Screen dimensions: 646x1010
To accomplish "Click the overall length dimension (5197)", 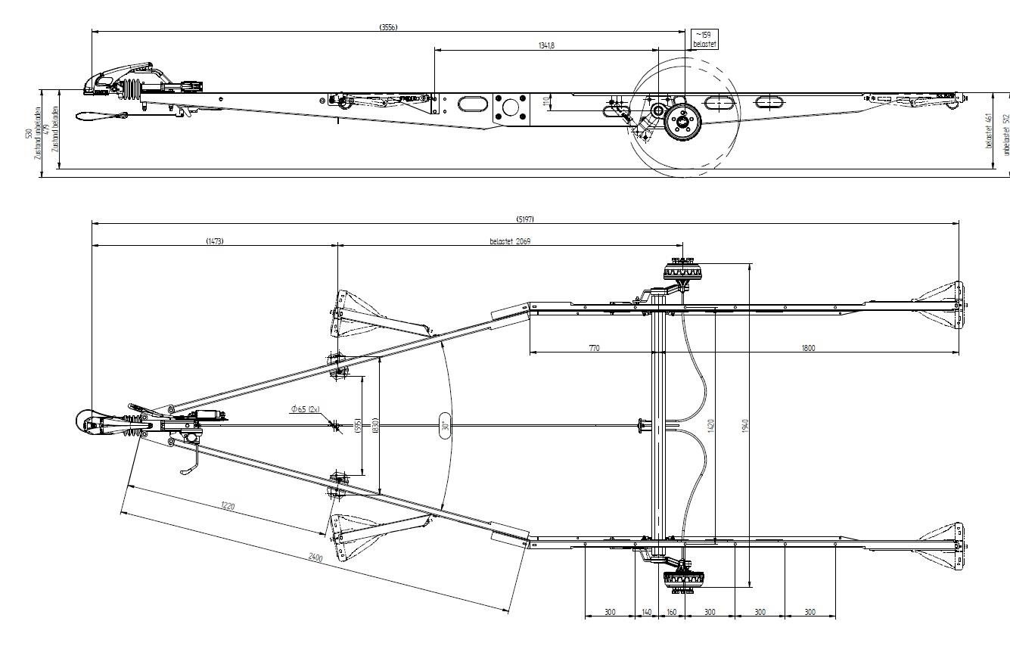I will pos(525,219).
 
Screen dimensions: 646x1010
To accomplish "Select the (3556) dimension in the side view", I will pos(389,27).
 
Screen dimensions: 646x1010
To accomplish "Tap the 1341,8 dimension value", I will pos(546,45).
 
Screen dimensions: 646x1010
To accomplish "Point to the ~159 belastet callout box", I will pos(704,39).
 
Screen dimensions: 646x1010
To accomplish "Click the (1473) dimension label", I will pos(214,241).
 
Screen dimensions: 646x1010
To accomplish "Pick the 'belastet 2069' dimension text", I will pos(511,241).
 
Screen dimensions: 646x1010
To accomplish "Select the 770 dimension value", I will pos(594,348).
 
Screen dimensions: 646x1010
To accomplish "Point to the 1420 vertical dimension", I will pos(711,425).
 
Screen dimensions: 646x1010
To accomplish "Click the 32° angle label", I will pos(445,426).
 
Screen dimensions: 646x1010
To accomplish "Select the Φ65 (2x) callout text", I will pos(305,408).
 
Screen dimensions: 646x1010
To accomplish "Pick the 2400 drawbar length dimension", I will pos(316,558).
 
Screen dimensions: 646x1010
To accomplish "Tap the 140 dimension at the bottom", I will pos(647,611).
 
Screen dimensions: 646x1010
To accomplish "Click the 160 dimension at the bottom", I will pos(671,611).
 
